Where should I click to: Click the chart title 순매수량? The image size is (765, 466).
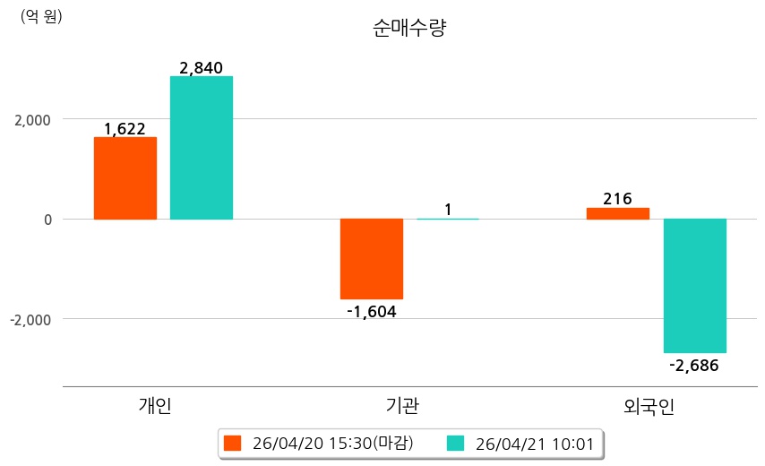coord(408,28)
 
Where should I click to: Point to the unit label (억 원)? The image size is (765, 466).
coord(41,16)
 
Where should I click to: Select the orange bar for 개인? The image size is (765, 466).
coord(125,178)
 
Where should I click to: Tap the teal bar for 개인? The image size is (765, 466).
coord(202,148)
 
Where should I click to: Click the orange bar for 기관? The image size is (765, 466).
coord(372,259)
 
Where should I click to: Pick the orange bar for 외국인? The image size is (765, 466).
coord(618,213)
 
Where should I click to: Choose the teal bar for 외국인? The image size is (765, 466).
coord(694,286)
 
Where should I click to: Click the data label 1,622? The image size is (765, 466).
coord(125,129)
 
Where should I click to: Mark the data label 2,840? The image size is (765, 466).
coord(201,68)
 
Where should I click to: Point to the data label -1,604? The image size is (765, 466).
coord(371,312)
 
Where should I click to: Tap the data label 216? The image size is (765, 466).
coord(617,199)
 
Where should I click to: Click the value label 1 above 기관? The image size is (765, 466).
coord(448,211)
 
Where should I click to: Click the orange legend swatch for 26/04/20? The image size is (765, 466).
coord(233,443)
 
